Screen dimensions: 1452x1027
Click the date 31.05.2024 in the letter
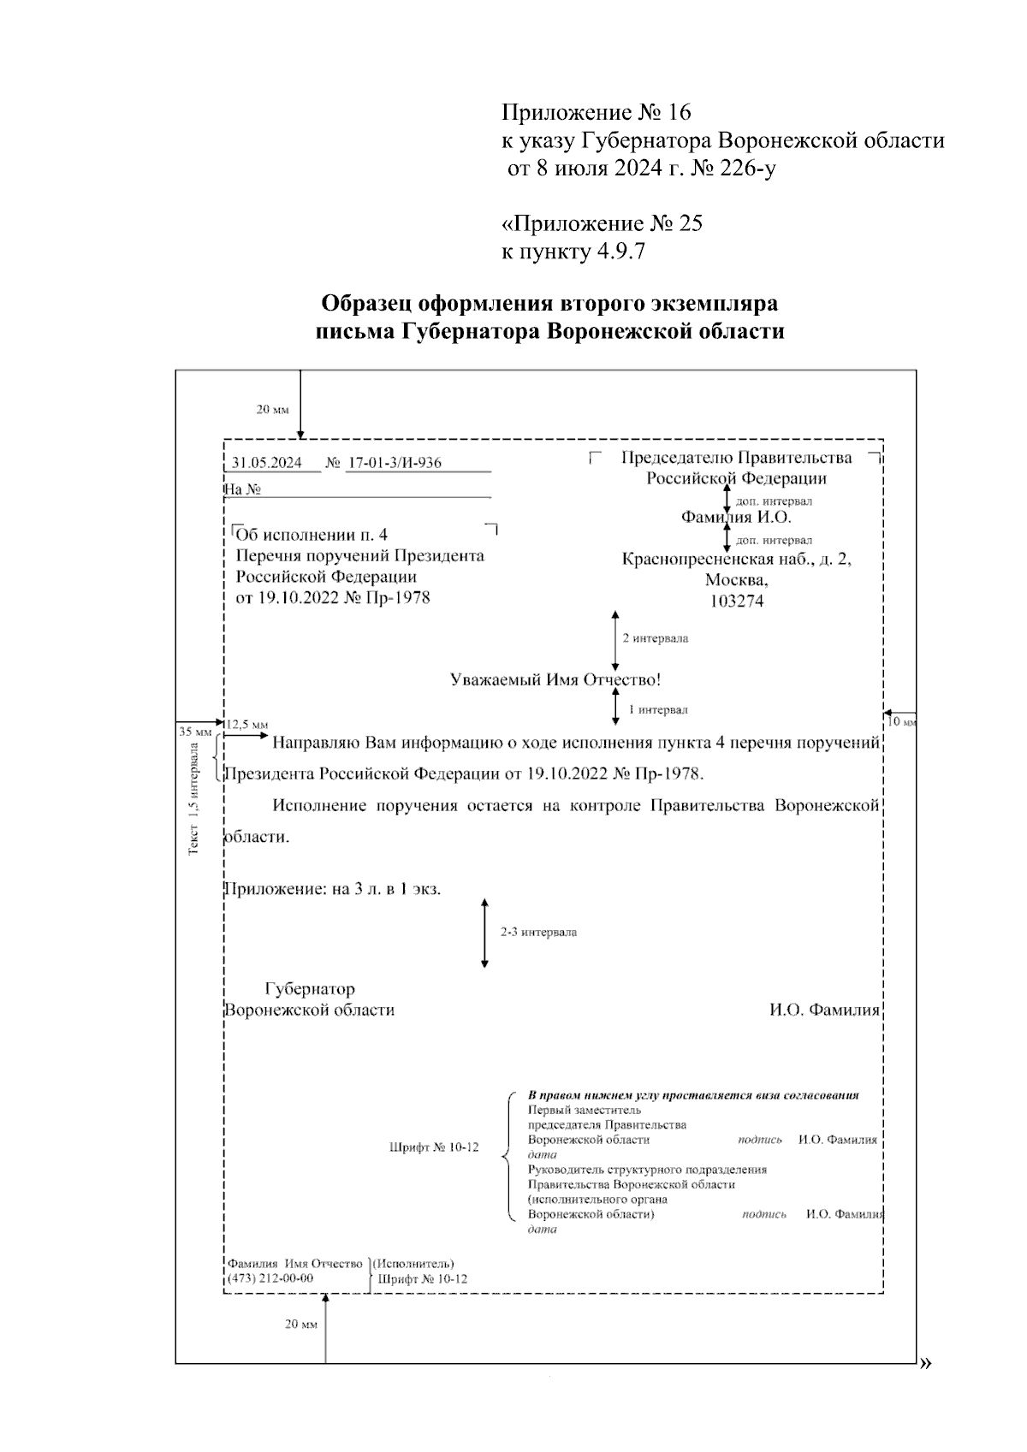click(266, 463)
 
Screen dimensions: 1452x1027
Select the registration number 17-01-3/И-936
click(394, 463)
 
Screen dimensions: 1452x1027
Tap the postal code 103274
click(737, 602)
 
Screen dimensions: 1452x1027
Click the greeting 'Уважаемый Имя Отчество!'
click(555, 680)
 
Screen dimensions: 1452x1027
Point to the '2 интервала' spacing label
click(655, 638)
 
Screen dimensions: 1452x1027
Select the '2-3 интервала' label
click(538, 932)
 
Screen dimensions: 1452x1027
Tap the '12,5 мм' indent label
click(246, 724)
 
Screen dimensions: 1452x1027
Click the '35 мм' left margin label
click(194, 732)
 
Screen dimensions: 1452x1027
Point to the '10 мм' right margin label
click(902, 722)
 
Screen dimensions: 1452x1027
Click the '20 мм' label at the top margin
click(273, 410)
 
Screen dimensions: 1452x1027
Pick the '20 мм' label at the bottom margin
click(300, 1325)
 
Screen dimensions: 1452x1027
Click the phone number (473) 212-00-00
click(270, 1278)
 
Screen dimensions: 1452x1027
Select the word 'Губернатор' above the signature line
click(310, 989)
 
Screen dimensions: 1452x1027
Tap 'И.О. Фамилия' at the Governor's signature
click(824, 1010)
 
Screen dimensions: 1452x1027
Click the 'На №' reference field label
click(242, 489)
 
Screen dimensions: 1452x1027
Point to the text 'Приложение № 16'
click(596, 112)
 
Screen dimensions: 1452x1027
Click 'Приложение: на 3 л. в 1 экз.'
click(332, 889)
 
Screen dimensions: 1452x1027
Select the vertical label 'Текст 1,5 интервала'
click(195, 798)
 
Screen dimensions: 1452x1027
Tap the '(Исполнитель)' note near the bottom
click(413, 1263)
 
